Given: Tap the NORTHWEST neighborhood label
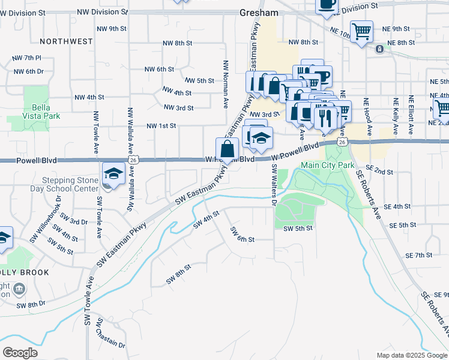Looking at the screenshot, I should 66,41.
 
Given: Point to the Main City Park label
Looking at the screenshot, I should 328,165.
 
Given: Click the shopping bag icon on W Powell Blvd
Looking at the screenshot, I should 228,149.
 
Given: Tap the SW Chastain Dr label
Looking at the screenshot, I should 112,339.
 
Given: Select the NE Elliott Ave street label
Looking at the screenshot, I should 411,115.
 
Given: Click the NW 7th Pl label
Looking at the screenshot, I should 26,58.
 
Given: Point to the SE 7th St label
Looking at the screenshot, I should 418,256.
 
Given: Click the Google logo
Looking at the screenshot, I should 20,352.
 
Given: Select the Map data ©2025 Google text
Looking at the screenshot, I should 411,355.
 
